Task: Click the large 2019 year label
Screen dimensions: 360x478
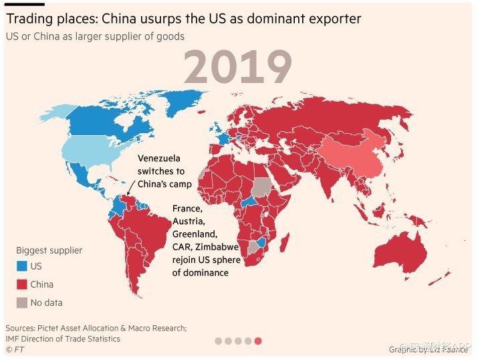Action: coord(237,68)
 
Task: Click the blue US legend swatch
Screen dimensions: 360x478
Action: coord(21,266)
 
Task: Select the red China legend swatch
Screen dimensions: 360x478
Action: coord(21,284)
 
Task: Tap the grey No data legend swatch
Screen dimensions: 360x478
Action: coord(21,302)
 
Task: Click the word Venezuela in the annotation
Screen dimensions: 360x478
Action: coord(159,159)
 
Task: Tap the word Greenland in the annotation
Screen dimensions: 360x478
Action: coord(195,234)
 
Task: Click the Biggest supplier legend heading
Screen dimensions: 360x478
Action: coord(49,250)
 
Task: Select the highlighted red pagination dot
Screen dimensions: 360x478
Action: coord(258,341)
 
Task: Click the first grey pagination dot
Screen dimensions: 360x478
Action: coord(218,341)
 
